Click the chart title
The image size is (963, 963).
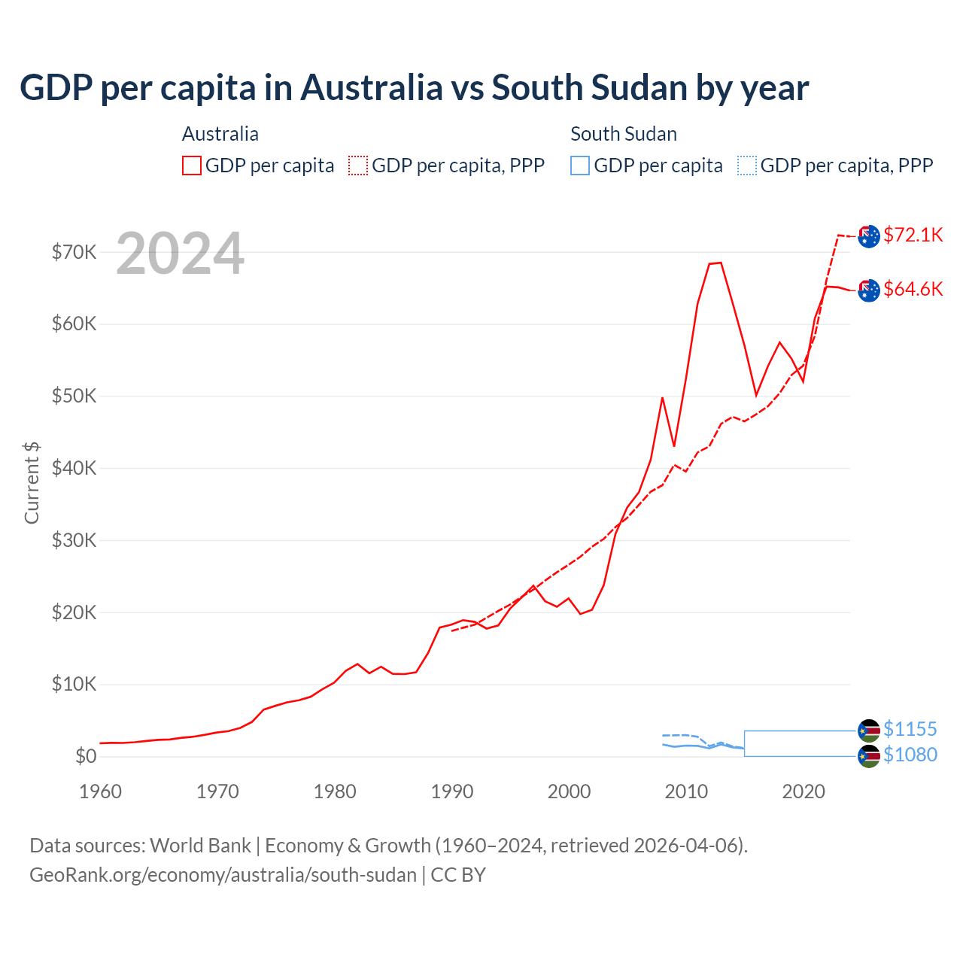pyautogui.click(x=414, y=88)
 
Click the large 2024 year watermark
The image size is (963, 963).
pyautogui.click(x=181, y=254)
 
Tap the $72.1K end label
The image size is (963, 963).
pyautogui.click(x=913, y=235)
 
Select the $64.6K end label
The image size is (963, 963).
pyautogui.click(x=913, y=289)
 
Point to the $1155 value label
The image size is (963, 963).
pyautogui.click(x=910, y=729)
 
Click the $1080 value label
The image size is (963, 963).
pyautogui.click(x=910, y=755)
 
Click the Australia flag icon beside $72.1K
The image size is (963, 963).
pyautogui.click(x=869, y=236)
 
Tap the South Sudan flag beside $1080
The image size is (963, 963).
pyautogui.click(x=869, y=756)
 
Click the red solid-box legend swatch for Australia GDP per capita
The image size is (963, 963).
pyautogui.click(x=192, y=166)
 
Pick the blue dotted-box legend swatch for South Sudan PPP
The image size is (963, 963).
pyautogui.click(x=747, y=166)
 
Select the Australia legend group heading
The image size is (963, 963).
pyautogui.click(x=220, y=134)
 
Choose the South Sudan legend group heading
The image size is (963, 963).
pyautogui.click(x=624, y=134)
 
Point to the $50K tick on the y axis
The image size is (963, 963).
pyautogui.click(x=74, y=396)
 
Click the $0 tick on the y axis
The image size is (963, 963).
pyautogui.click(x=86, y=756)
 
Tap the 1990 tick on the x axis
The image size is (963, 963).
pyautogui.click(x=452, y=791)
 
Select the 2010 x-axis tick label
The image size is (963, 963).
pyautogui.click(x=686, y=791)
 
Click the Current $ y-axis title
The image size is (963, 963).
pyautogui.click(x=32, y=482)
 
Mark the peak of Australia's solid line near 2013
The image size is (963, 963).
pyautogui.click(x=720, y=263)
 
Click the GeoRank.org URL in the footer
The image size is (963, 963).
pyautogui.click(x=223, y=875)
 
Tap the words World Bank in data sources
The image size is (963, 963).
pyautogui.click(x=200, y=846)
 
